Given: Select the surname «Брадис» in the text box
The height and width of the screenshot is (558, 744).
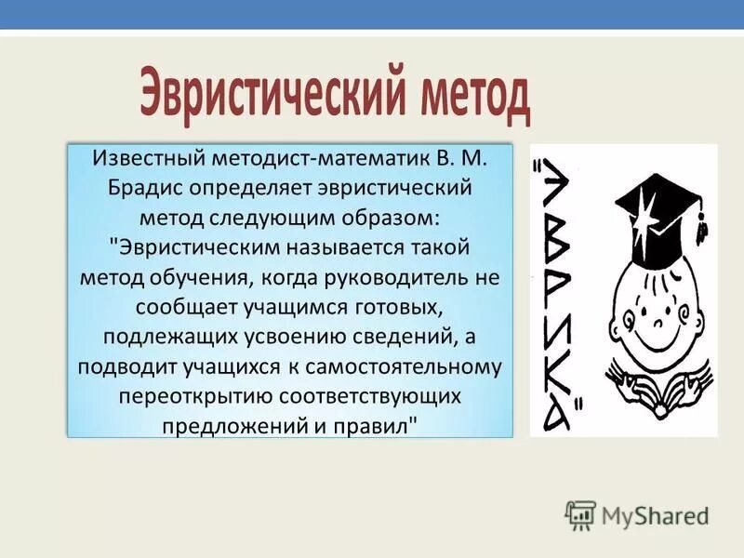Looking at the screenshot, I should pyautogui.click(x=147, y=188).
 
